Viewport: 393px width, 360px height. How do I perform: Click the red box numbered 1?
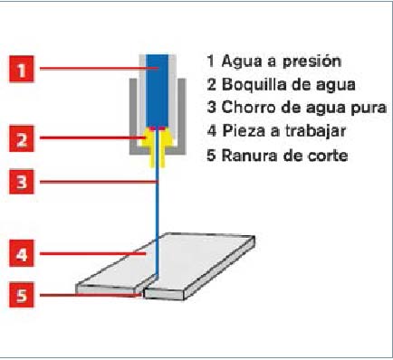tap(22, 69)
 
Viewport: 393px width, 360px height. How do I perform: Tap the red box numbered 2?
tap(22, 139)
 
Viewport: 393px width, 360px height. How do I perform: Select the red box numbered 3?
tap(22, 182)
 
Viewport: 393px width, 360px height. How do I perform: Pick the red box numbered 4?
tap(22, 253)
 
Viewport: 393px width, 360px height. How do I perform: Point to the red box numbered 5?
tap(22, 295)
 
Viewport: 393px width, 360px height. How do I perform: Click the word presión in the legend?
tap(312, 62)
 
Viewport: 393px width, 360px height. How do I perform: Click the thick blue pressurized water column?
tap(157, 90)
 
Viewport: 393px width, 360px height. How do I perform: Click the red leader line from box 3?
tap(99, 182)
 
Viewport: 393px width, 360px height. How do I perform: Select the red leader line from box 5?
tap(91, 295)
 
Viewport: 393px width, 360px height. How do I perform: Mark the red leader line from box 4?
tap(93, 253)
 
